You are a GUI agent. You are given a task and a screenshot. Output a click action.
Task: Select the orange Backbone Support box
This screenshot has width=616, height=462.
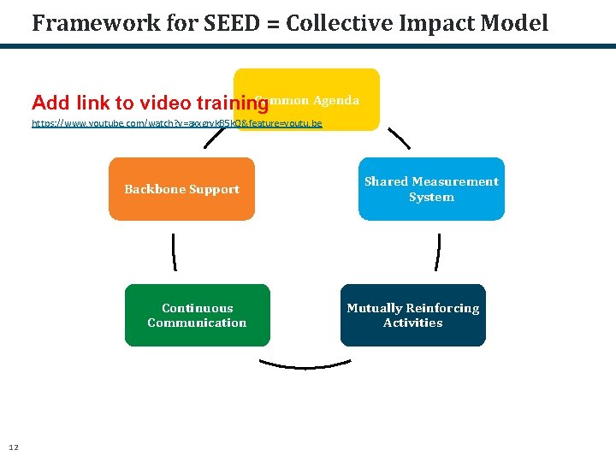181,189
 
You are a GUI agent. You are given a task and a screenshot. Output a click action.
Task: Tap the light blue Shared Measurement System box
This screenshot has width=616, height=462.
431,189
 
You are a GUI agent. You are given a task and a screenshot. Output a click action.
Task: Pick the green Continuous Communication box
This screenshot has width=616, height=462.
197,315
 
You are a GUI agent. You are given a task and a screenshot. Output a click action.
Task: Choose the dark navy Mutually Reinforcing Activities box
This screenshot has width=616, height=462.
412,315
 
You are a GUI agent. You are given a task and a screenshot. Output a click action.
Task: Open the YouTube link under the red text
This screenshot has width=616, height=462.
176,123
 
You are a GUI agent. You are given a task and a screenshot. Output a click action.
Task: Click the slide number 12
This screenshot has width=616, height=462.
13,447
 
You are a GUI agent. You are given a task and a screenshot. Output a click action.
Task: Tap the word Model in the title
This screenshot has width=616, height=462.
516,23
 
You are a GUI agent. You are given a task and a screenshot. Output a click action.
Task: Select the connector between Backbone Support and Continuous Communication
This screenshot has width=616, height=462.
174,252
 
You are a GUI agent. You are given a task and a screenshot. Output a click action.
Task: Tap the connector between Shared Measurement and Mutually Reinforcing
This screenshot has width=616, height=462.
438,252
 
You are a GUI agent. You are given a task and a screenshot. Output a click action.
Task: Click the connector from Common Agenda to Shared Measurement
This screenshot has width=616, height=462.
399,139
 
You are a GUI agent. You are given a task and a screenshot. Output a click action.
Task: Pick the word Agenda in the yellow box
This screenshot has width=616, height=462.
335,100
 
